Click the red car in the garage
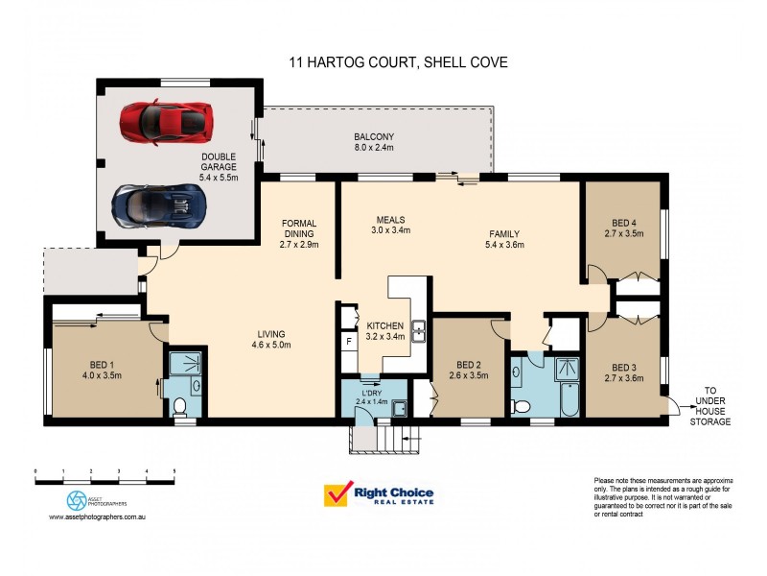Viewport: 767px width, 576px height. pos(165,122)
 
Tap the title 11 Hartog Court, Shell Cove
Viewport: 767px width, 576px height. pos(398,62)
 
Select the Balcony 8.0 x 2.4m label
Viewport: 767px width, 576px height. pos(374,143)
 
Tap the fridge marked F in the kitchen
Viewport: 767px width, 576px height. pos(349,342)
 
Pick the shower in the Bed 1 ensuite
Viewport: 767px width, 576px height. pos(187,362)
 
